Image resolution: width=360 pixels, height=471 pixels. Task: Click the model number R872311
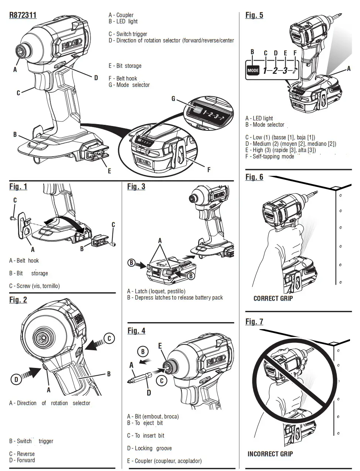pos(23,16)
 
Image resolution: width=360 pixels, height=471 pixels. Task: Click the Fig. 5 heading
pos(254,15)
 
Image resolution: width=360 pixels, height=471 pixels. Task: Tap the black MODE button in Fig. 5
pos(253,70)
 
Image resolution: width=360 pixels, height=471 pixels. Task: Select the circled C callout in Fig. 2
pos(109,338)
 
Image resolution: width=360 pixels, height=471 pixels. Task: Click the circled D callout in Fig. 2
pos(16,379)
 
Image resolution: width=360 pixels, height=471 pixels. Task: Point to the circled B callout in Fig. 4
pos(143,351)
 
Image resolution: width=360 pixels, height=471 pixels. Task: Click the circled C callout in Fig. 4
pos(162,380)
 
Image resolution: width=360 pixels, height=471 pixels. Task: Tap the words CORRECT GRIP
pos(273,298)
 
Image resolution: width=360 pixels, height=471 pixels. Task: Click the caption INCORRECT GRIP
pos(270,454)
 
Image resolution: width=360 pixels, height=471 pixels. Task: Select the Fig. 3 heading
pos(136,187)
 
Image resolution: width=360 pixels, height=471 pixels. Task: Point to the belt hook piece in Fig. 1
pos(24,226)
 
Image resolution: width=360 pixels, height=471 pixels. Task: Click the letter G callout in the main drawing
pos(173,99)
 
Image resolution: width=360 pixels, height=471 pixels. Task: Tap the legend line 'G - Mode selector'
pos(129,85)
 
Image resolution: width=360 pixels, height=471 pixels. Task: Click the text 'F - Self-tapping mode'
pos(269,156)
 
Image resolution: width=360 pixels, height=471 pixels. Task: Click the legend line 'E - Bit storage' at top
pos(125,66)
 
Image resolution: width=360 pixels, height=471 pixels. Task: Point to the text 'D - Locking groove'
pos(149,448)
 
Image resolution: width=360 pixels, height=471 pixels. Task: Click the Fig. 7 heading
pos(254,322)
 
